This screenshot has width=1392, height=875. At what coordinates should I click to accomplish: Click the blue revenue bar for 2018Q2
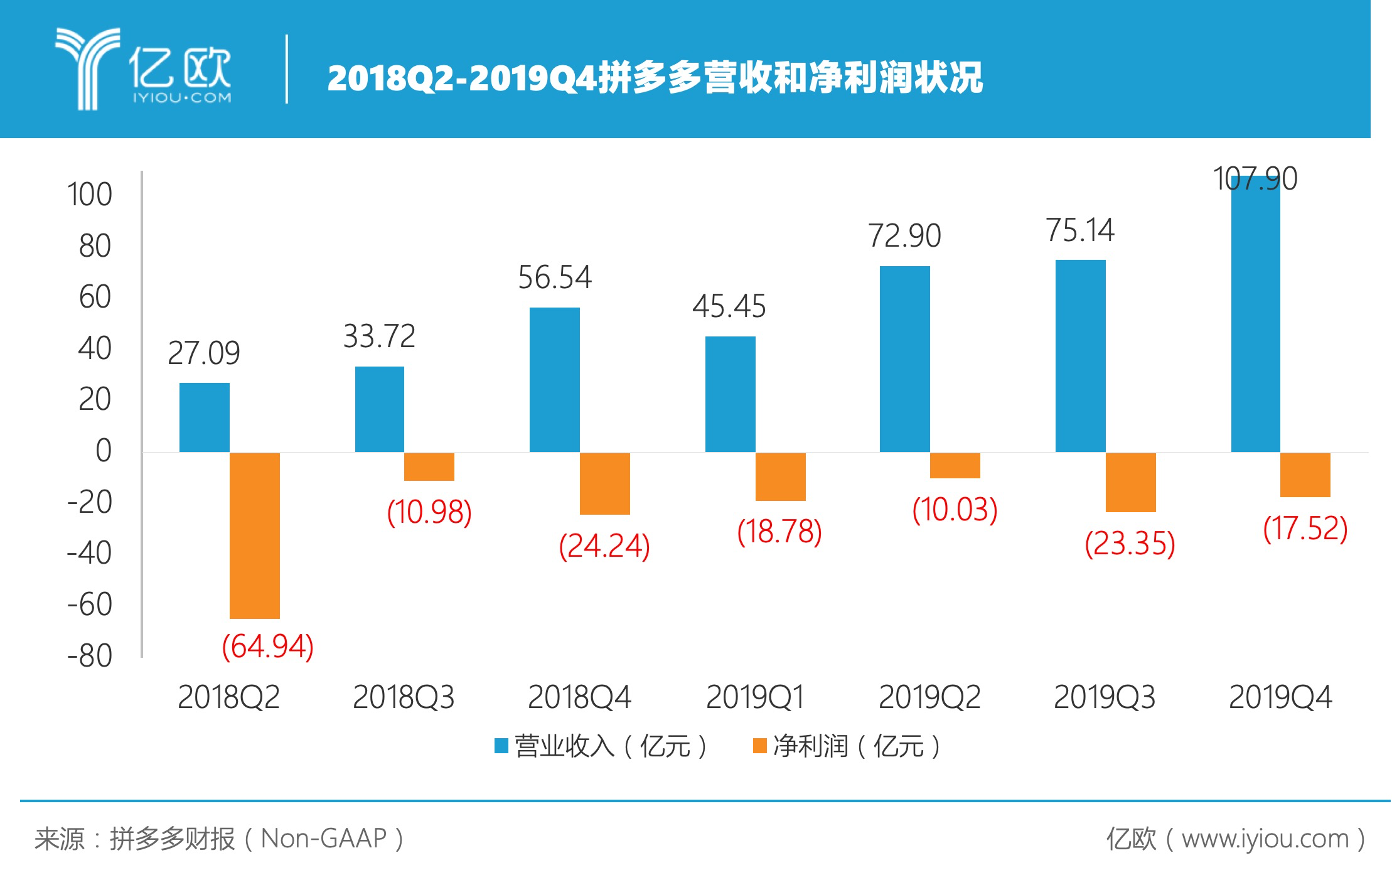coord(204,417)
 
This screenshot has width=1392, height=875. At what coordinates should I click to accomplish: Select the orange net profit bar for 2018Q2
coord(254,535)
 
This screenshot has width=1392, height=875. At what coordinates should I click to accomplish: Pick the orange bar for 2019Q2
coord(955,466)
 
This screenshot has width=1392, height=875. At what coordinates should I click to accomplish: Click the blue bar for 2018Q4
coord(554,380)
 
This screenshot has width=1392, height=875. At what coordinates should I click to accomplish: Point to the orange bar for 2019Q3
coord(1130,482)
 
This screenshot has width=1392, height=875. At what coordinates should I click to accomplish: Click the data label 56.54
coord(554,277)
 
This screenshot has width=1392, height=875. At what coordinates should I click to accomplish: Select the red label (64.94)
coord(268,647)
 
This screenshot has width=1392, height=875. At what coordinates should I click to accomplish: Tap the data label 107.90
coord(1255,179)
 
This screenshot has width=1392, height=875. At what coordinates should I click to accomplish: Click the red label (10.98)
coord(429,512)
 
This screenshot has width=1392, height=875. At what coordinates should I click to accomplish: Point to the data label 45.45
coord(729,306)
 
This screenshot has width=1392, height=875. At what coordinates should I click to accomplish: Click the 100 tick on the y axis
coord(90,195)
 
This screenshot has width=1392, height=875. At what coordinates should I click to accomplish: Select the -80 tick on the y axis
coord(90,656)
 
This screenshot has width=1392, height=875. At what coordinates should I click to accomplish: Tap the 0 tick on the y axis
coord(104,451)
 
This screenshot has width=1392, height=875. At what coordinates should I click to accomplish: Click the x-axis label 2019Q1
coord(755,697)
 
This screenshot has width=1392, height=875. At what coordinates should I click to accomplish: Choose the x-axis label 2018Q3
coord(404,697)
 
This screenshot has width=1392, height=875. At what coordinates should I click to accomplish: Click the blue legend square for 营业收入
coord(501,746)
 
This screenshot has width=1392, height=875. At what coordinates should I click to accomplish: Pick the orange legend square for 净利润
coord(759,746)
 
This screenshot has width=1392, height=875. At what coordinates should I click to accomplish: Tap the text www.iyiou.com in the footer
coord(1265,839)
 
